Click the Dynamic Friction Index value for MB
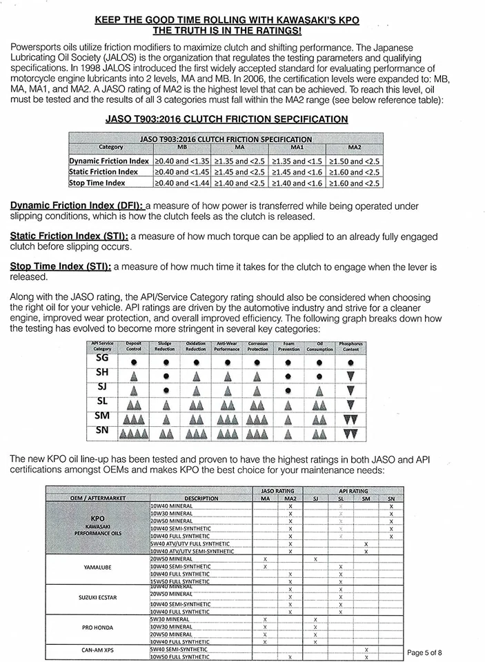pos(181,161)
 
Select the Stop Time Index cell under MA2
pos(355,183)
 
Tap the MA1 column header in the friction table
pos(297,147)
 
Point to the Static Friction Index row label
pos(103,172)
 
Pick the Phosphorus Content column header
pos(350,346)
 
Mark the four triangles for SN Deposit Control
pos(134,434)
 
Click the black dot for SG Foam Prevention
pos(288,361)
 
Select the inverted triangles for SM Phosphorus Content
pos(350,419)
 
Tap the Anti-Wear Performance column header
pos(227,346)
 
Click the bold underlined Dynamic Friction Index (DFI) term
pos(77,206)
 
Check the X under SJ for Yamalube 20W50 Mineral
pos(315,559)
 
